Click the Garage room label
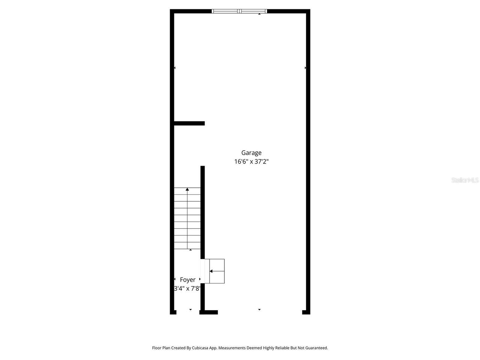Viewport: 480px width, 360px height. coord(251,153)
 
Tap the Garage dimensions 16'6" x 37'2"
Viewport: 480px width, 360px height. coord(251,162)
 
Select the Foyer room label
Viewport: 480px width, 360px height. coord(187,280)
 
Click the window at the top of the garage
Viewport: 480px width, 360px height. coord(239,11)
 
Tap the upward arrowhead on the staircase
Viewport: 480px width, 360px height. coord(187,189)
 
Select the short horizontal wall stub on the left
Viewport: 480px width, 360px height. coord(189,123)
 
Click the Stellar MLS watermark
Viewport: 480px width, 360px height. coord(465,180)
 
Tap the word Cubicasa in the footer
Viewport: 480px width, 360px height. coord(201,348)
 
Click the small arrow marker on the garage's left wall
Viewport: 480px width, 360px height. coord(175,68)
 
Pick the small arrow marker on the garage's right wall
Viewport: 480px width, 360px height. coord(305,68)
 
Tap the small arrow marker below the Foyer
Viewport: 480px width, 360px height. coord(190,309)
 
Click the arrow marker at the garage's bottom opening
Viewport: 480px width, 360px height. coord(259,309)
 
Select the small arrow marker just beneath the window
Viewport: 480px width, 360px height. coord(259,14)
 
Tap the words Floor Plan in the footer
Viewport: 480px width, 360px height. coord(161,348)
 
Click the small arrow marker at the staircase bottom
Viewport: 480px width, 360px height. coord(190,250)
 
